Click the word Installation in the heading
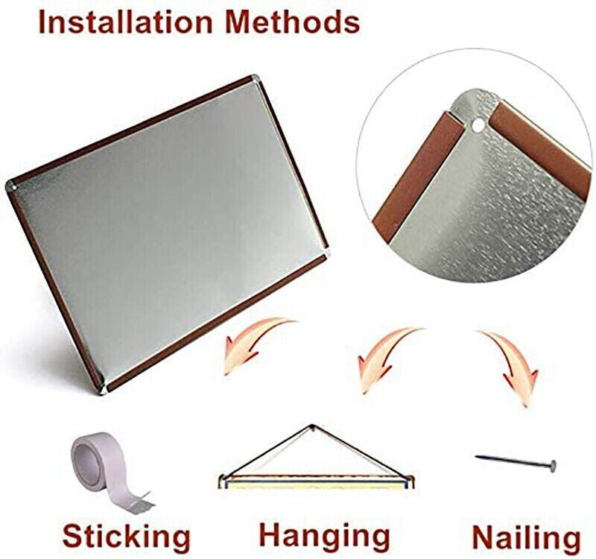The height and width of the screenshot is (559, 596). (125, 22)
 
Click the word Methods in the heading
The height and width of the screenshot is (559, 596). (292, 22)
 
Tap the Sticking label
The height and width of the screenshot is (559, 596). (126, 537)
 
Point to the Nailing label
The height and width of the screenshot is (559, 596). (526, 537)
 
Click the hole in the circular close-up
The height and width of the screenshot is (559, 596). (478, 125)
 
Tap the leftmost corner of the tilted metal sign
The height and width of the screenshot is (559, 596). (9, 186)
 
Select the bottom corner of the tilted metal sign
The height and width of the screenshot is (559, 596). (102, 391)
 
